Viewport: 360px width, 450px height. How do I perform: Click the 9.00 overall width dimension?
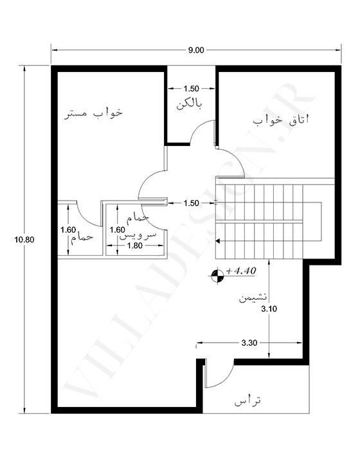[x=196, y=50]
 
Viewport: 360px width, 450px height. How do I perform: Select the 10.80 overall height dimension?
[x=24, y=239]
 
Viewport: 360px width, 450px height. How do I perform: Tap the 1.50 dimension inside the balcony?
[x=191, y=89]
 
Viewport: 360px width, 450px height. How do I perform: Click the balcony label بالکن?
[x=189, y=105]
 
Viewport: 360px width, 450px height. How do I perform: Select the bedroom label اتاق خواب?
[x=281, y=120]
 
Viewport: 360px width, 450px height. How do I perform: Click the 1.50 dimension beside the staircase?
[x=191, y=203]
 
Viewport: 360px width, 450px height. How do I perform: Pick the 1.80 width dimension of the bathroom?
[x=134, y=246]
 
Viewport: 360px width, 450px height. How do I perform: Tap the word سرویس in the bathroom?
[x=138, y=235]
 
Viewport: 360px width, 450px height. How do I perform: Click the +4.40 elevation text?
[x=241, y=271]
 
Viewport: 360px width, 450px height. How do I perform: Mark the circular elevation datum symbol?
[x=217, y=276]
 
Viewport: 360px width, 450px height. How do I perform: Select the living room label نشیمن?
[x=253, y=298]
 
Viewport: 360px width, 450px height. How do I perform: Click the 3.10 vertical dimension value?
[x=269, y=309]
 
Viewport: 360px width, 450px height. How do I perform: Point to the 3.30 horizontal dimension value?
[x=249, y=343]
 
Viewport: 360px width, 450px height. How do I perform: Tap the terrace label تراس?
[x=248, y=401]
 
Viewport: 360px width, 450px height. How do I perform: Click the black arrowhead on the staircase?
[x=218, y=241]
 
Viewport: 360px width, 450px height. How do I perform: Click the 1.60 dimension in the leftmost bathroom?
[x=68, y=230]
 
